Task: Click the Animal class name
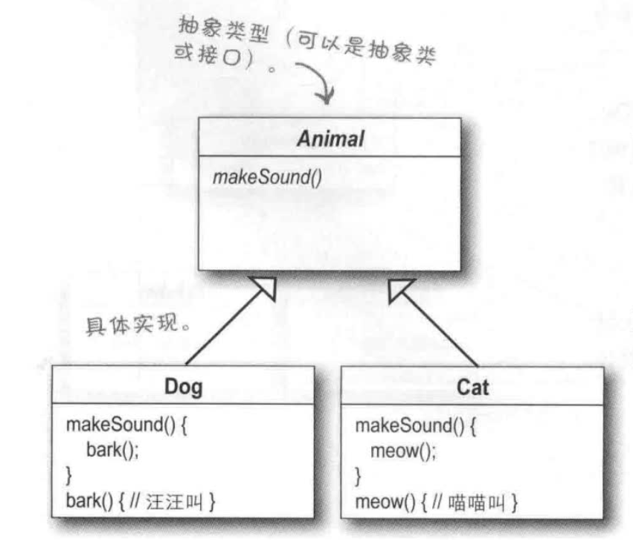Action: pos(328,139)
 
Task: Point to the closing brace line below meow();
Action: pos(359,472)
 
